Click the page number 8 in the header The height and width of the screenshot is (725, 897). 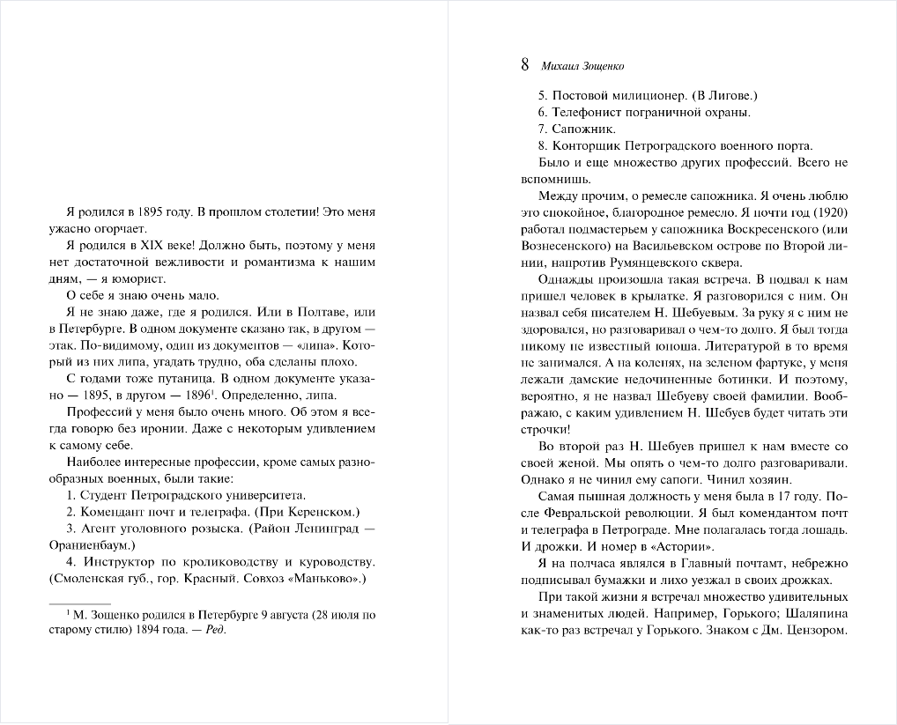[525, 65]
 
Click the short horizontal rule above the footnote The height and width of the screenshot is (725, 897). [83, 603]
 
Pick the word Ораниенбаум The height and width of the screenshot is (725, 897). [103, 545]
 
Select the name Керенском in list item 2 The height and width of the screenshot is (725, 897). [322, 512]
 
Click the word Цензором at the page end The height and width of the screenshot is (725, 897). [816, 630]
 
